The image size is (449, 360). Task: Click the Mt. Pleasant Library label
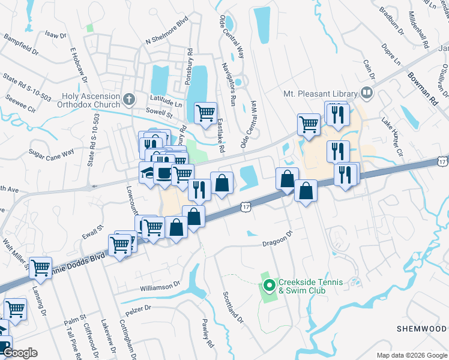tap(320, 94)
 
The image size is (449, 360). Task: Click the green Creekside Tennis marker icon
tap(269, 285)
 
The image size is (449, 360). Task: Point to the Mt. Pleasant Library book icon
tap(366, 93)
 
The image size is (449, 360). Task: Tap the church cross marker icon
tap(128, 98)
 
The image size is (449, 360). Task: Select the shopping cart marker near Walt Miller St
tap(40, 267)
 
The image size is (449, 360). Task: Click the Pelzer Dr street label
tap(138, 310)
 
